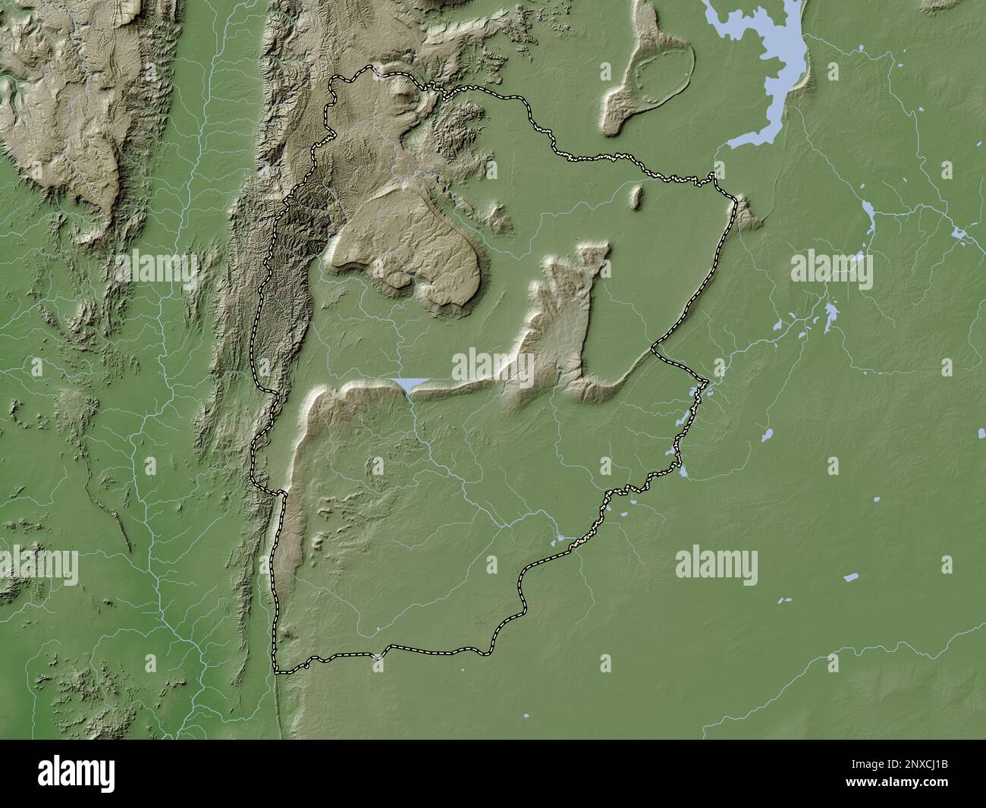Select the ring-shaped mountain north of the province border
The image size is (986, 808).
pos(652,72)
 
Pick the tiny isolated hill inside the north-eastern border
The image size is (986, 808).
pos(636,196)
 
